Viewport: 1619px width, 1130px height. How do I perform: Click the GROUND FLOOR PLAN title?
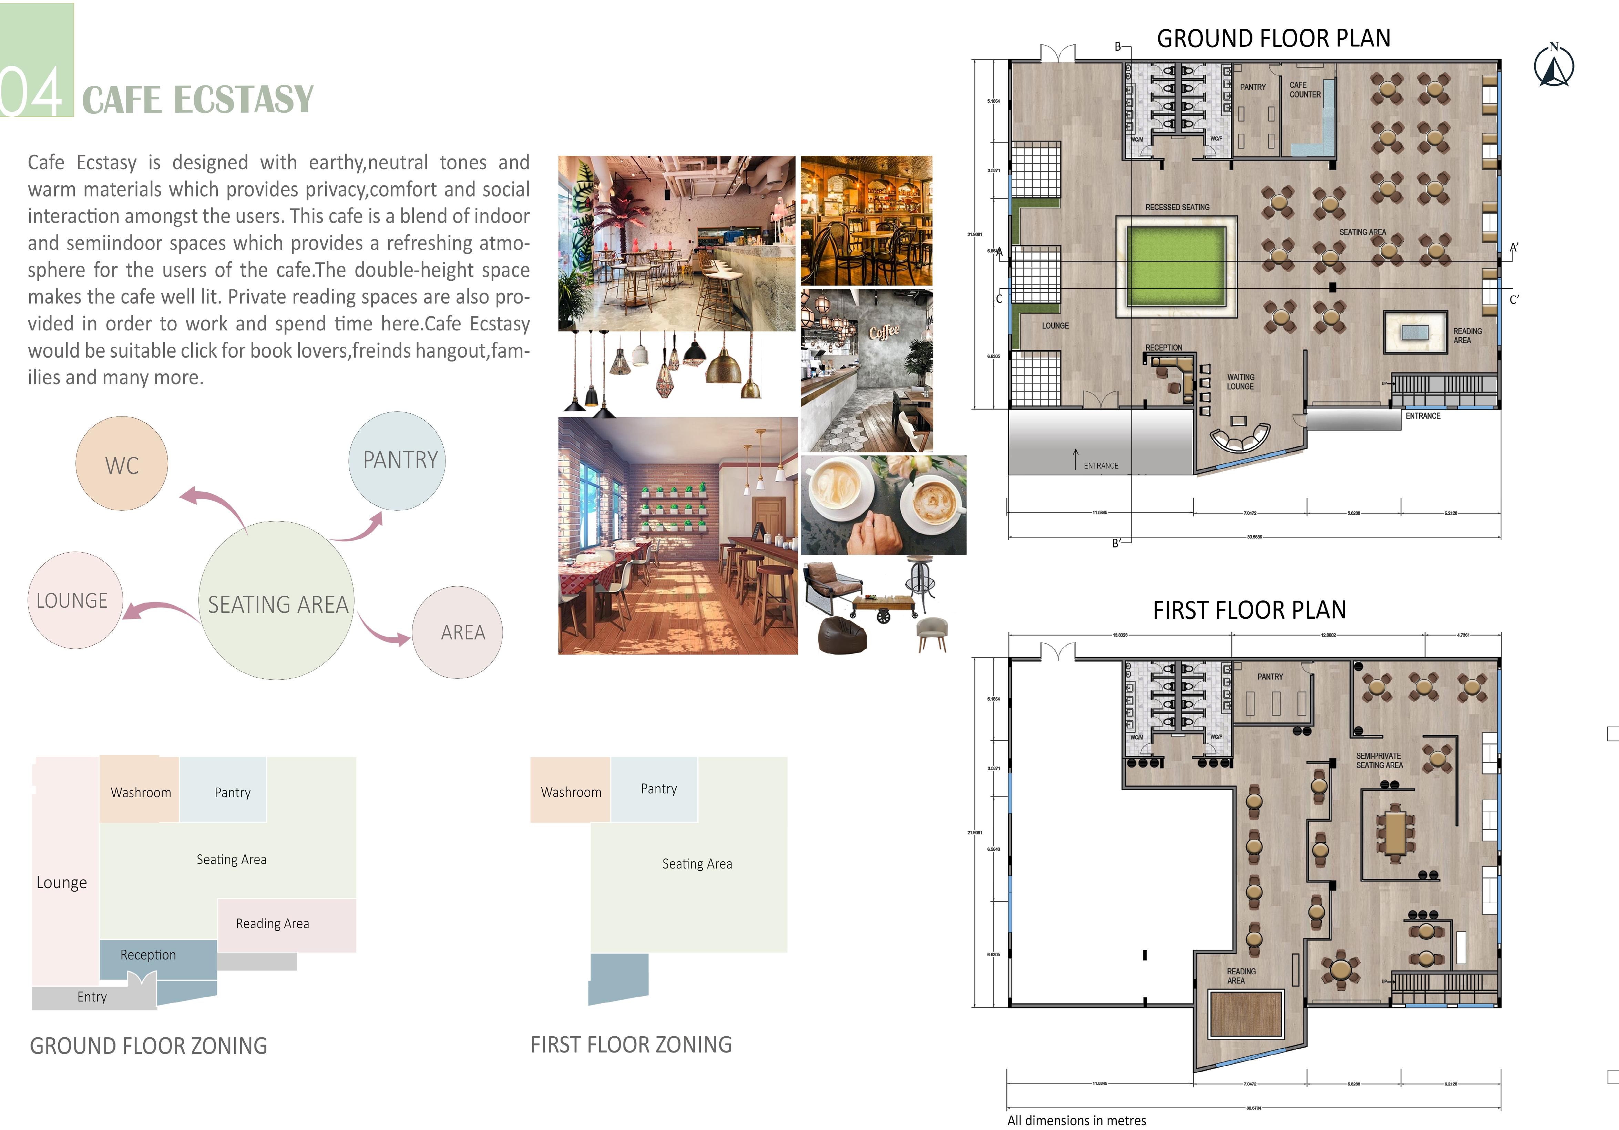click(1273, 38)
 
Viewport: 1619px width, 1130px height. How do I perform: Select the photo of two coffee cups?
click(883, 505)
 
